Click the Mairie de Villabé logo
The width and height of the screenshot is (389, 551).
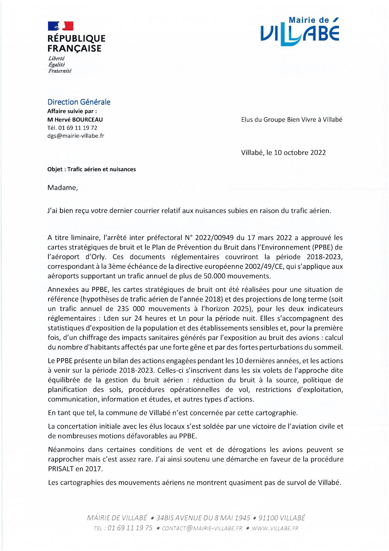click(x=300, y=30)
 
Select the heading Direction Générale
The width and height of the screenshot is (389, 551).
click(x=79, y=102)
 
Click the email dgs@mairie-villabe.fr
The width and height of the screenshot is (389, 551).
click(x=76, y=136)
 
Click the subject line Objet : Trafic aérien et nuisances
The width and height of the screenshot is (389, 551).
click(x=92, y=169)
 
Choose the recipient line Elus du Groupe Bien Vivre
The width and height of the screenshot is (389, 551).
click(x=292, y=120)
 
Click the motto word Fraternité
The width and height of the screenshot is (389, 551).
click(x=60, y=71)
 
